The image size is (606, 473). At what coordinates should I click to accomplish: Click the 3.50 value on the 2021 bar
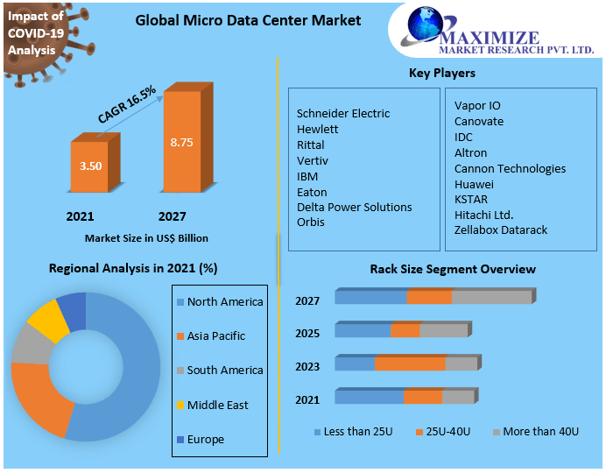pyautogui.click(x=90, y=165)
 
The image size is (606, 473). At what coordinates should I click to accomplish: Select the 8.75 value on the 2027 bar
pyautogui.click(x=182, y=142)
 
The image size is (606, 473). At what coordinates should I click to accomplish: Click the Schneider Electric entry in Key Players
pyautogui.click(x=343, y=113)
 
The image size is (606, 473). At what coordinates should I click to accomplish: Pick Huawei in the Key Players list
pyautogui.click(x=474, y=184)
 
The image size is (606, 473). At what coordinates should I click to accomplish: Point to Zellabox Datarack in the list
pyautogui.click(x=501, y=229)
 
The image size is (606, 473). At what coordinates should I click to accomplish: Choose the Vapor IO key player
pyautogui.click(x=477, y=105)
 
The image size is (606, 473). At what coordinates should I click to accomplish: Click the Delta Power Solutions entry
pyautogui.click(x=354, y=207)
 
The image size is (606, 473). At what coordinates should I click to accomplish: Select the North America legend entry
pyautogui.click(x=224, y=301)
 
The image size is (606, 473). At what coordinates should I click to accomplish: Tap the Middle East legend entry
pyautogui.click(x=217, y=405)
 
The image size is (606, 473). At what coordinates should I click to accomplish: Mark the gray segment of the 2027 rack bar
pyautogui.click(x=491, y=298)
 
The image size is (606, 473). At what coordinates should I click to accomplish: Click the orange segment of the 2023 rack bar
pyautogui.click(x=409, y=364)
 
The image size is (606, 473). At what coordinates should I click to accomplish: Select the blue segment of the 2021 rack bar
pyautogui.click(x=369, y=397)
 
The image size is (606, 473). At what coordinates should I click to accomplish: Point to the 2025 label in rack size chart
pyautogui.click(x=307, y=333)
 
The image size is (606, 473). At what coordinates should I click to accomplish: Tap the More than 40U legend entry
pyautogui.click(x=539, y=432)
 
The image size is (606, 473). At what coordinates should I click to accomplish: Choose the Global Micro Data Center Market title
pyautogui.click(x=248, y=20)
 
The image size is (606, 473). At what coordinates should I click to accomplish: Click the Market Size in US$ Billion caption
pyautogui.click(x=146, y=237)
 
